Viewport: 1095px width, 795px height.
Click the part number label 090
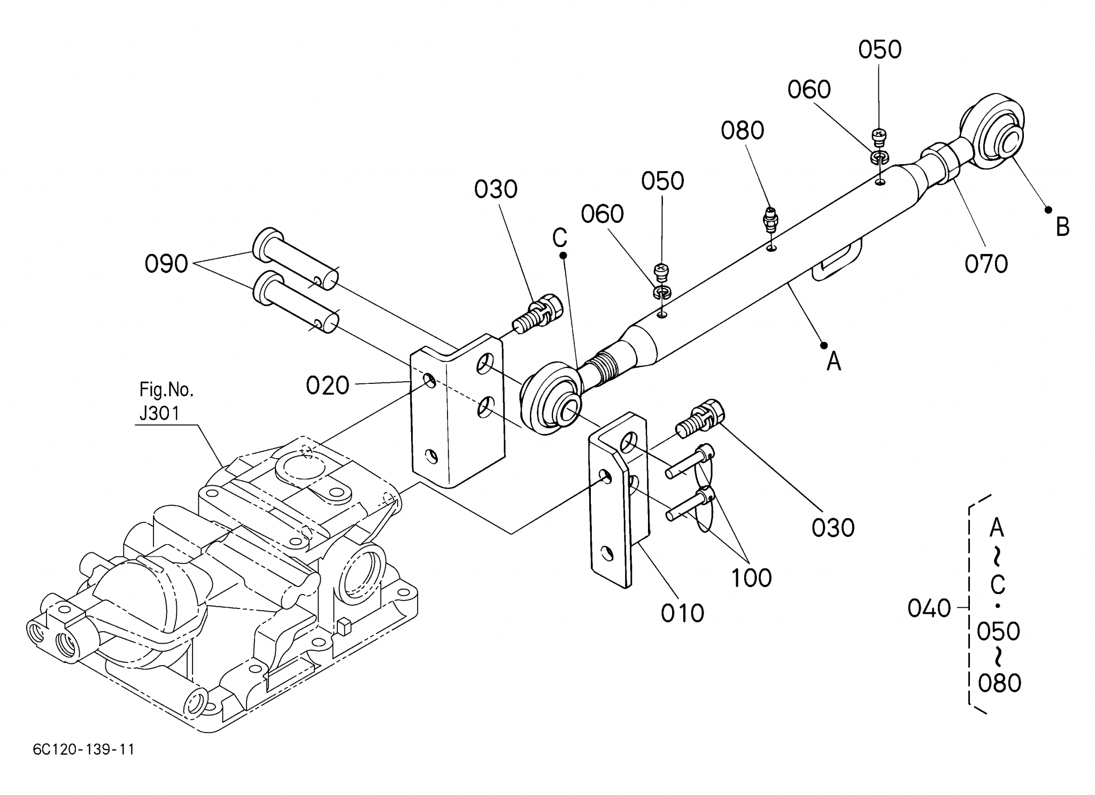[x=166, y=264]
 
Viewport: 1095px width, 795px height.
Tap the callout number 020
[x=327, y=385]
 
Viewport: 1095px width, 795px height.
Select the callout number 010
[x=682, y=613]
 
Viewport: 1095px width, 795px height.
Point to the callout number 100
[x=751, y=578]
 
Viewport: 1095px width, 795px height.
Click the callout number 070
[x=986, y=264]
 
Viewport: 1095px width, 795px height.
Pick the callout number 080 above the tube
[x=742, y=130]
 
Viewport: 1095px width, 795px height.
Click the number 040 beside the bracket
[x=929, y=608]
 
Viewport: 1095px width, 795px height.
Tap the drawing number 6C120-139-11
[x=83, y=750]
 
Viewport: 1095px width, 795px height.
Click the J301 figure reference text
[x=159, y=413]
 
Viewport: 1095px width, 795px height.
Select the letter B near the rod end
[x=1062, y=227]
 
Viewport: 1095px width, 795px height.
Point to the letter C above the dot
[x=560, y=238]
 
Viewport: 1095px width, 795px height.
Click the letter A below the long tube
[x=834, y=361]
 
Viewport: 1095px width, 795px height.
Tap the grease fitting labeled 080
[x=770, y=220]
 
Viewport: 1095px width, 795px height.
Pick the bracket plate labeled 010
[x=619, y=499]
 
